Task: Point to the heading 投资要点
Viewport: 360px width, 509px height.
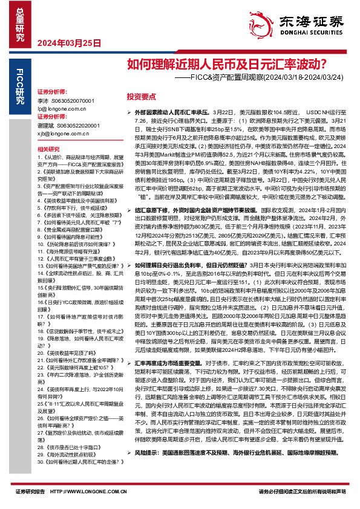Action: pos(140,96)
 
